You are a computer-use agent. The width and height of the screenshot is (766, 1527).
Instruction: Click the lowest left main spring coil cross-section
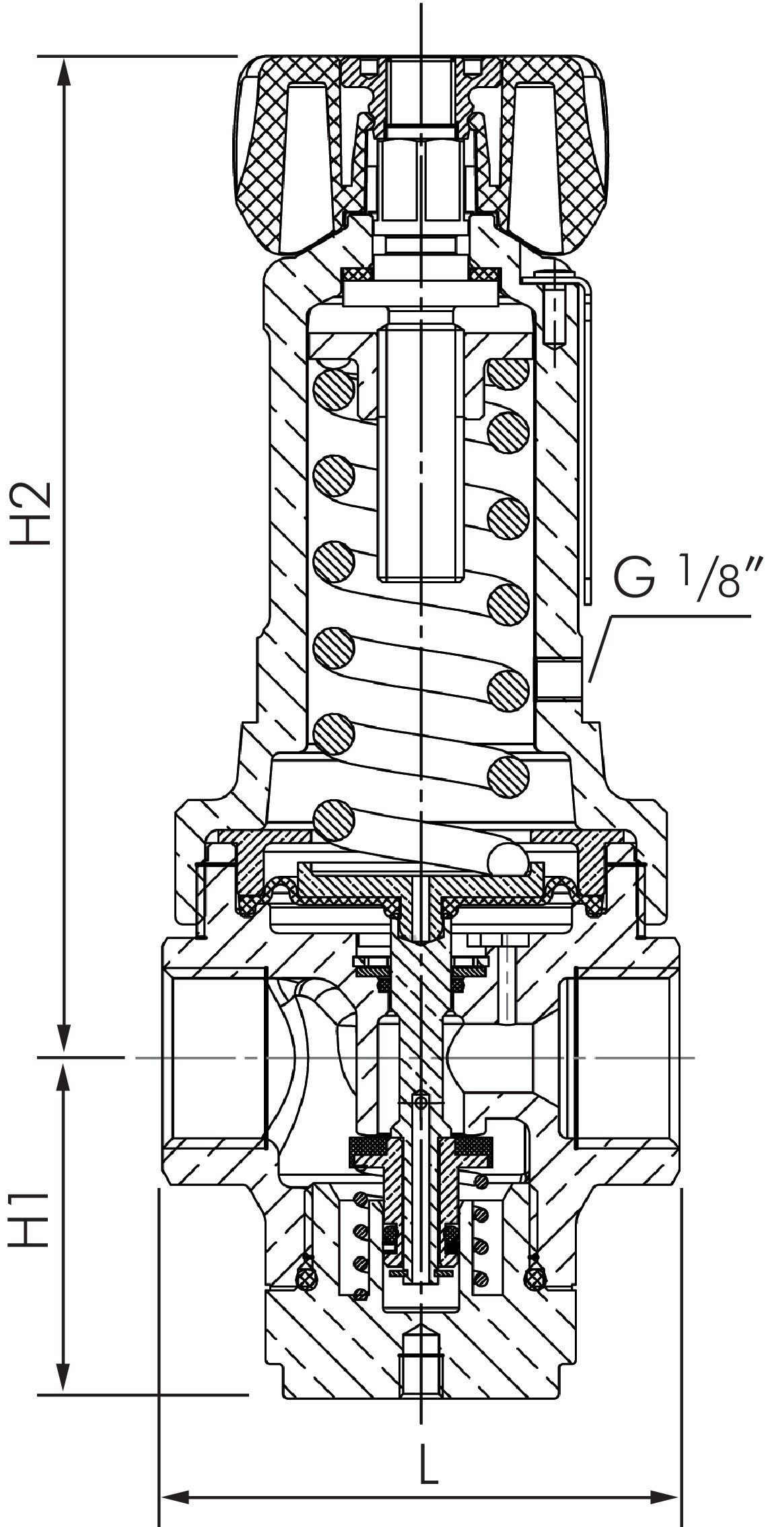[335, 821]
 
